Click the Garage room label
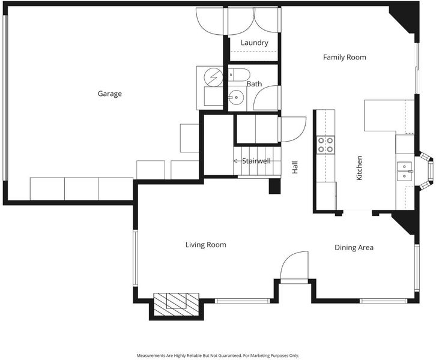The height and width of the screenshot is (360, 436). (x=109, y=94)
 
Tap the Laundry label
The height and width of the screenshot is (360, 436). (x=255, y=43)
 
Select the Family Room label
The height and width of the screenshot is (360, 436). (x=345, y=57)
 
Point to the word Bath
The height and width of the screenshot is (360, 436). (x=254, y=83)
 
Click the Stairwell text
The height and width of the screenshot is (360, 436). (x=256, y=161)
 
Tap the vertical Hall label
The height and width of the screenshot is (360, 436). (x=295, y=167)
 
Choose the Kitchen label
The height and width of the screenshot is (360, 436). (x=359, y=168)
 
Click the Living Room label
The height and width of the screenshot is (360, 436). (x=206, y=245)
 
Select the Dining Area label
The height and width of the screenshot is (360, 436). (x=354, y=247)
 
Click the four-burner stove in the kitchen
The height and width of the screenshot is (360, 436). (x=325, y=145)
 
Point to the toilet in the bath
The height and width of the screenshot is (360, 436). (x=239, y=75)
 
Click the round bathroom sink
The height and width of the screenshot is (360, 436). (x=237, y=97)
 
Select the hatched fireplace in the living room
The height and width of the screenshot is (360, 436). (x=177, y=304)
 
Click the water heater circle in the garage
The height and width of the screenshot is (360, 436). (x=214, y=77)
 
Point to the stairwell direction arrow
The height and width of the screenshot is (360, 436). (x=235, y=161)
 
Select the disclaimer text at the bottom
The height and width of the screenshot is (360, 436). (x=218, y=355)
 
